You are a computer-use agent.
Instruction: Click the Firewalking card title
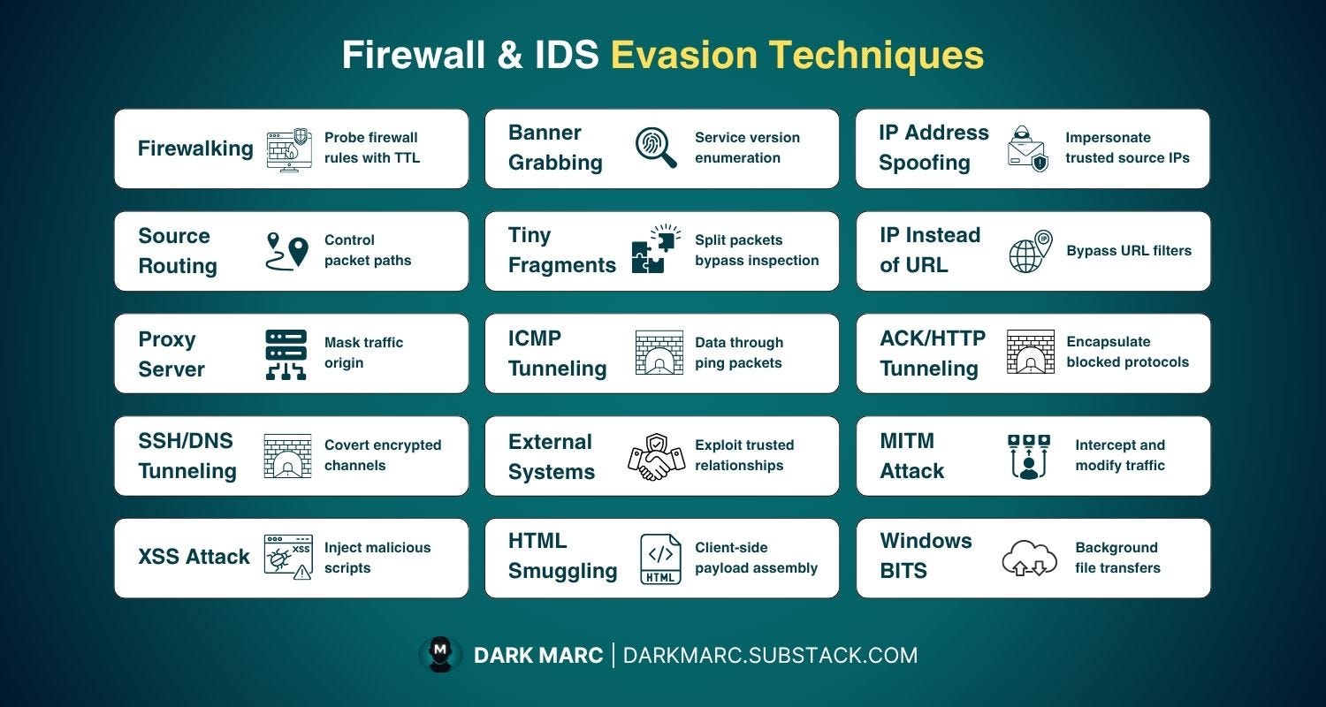(x=195, y=148)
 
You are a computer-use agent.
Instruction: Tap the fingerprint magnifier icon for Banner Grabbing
(x=656, y=148)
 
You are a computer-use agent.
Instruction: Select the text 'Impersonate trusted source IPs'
(x=1127, y=148)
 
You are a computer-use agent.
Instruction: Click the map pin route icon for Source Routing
(x=287, y=251)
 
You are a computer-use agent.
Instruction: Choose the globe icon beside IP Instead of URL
(x=1030, y=251)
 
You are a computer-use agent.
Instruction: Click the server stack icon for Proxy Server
(x=286, y=354)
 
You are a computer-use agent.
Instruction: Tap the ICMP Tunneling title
(x=557, y=353)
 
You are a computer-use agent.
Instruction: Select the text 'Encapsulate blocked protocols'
(x=1127, y=352)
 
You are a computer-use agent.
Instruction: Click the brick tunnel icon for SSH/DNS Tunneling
(x=287, y=456)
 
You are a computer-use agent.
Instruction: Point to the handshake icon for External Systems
(x=656, y=457)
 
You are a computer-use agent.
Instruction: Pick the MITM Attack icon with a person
(x=1029, y=456)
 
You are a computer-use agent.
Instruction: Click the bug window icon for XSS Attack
(x=288, y=557)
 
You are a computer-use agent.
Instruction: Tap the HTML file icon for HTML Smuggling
(x=660, y=559)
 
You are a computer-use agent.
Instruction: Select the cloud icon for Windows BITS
(x=1029, y=559)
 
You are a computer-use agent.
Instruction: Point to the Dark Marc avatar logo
(x=439, y=655)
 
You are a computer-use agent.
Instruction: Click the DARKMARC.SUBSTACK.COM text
(x=770, y=655)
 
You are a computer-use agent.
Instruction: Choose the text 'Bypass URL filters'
(x=1129, y=251)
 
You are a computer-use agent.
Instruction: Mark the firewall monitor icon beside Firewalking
(x=288, y=149)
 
